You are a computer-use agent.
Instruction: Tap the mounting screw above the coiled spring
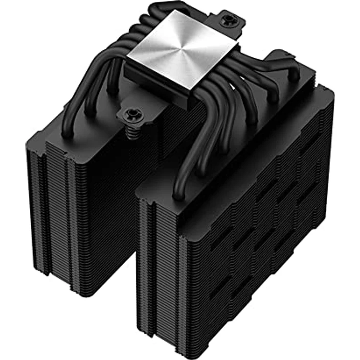click(x=131, y=114)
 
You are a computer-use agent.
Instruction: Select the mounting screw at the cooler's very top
click(x=227, y=20)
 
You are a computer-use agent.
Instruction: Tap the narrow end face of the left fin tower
click(x=54, y=205)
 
